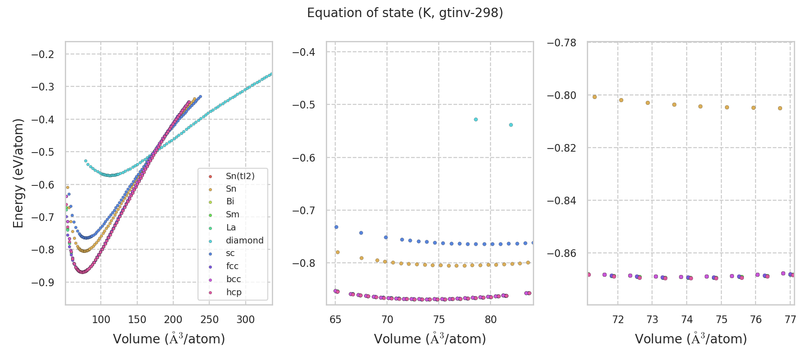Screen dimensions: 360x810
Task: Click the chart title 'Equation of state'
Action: pos(405,13)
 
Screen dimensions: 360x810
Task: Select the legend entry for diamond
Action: pos(244,240)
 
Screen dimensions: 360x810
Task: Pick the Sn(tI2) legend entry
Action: pos(240,176)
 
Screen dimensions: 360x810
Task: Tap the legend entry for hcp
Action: pos(234,292)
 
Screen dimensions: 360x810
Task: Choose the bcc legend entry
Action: pos(233,279)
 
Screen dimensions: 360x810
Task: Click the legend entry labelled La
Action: pos(231,227)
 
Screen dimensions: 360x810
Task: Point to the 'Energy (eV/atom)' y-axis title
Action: pos(18,173)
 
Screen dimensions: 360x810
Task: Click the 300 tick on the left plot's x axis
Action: pos(245,319)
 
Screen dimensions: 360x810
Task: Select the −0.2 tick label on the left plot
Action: pos(42,54)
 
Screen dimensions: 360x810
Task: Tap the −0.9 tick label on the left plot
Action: pos(42,283)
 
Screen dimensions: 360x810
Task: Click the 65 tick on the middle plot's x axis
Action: pos(335,319)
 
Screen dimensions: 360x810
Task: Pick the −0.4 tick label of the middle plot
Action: pos(303,52)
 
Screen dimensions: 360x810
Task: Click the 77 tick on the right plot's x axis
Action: pos(790,319)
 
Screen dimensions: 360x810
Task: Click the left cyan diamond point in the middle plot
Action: pos(476,119)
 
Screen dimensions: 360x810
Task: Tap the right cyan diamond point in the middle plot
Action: pos(511,125)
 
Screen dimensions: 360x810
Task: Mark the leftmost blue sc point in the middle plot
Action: pos(336,227)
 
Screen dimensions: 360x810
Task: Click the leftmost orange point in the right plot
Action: pos(594,97)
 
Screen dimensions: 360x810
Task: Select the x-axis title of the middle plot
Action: pos(430,339)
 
